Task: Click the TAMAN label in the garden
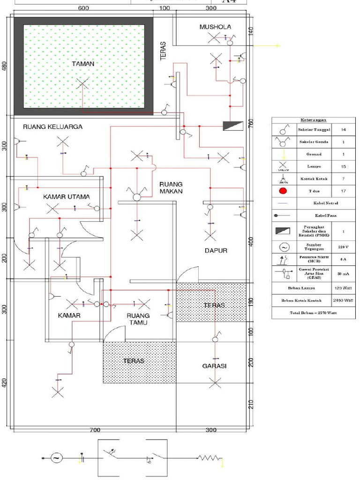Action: pyautogui.click(x=83, y=63)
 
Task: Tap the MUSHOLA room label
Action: pyautogui.click(x=215, y=27)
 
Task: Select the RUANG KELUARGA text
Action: pyautogui.click(x=52, y=127)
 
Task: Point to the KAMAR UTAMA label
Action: pyautogui.click(x=66, y=197)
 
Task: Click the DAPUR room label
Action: pyautogui.click(x=216, y=251)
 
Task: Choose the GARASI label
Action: pyautogui.click(x=214, y=366)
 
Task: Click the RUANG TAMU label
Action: pyautogui.click(x=138, y=319)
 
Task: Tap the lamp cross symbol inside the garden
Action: pyautogui.click(x=82, y=83)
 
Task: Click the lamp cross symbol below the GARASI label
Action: pyautogui.click(x=215, y=383)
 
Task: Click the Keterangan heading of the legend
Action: pyautogui.click(x=314, y=120)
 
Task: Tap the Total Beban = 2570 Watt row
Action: pyautogui.click(x=314, y=312)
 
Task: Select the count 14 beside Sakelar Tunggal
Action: pyautogui.click(x=343, y=129)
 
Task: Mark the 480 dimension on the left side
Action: pyautogui.click(x=5, y=66)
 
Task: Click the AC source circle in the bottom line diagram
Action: pyautogui.click(x=56, y=457)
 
